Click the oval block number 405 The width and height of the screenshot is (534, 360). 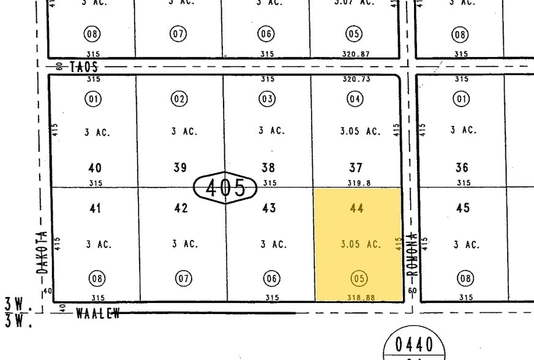coord(225,187)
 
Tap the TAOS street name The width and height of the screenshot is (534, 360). coord(84,67)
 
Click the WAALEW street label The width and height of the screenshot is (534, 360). coord(97,313)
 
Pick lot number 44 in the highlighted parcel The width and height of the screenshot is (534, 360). coord(356,208)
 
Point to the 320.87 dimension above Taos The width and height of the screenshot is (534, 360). coord(356,54)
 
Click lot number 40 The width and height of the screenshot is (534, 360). coord(95,167)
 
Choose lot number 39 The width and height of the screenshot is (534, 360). coord(179,167)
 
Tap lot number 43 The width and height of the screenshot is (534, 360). coord(268,208)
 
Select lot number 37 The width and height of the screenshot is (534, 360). coord(356,167)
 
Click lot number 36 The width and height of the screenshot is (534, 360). coord(462,167)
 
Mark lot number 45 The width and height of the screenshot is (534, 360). coord(463,208)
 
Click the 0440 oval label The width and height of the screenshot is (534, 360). coord(415,344)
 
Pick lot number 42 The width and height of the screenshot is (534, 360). coord(181,208)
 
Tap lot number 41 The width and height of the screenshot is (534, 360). coord(95,208)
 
